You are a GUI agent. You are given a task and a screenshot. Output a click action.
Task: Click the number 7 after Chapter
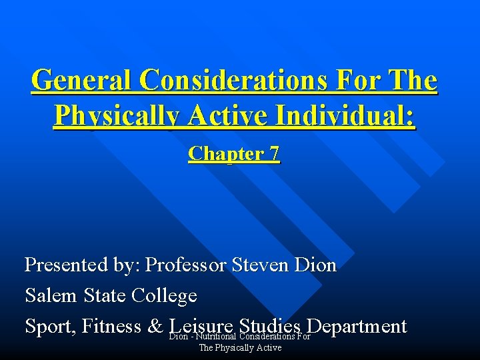275,154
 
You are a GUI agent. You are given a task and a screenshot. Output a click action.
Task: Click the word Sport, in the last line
50,326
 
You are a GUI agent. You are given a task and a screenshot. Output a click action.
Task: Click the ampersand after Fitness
155,327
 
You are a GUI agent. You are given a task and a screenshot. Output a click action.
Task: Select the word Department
357,326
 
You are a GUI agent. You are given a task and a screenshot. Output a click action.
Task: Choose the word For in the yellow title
359,81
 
